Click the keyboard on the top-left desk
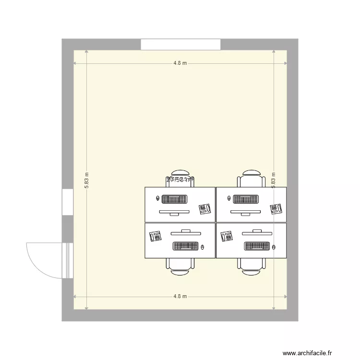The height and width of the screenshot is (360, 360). click(x=174, y=199)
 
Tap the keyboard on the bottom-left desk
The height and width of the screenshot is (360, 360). click(x=186, y=246)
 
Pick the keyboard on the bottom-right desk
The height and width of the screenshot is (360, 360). click(x=257, y=246)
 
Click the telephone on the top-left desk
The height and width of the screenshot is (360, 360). click(x=205, y=209)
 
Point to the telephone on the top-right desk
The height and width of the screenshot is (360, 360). click(x=276, y=209)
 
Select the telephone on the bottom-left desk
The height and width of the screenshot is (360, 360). click(x=156, y=236)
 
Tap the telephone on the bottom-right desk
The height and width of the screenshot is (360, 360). click(x=227, y=236)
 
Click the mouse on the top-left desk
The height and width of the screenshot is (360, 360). click(x=158, y=197)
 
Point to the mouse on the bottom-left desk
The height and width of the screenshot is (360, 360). click(x=204, y=247)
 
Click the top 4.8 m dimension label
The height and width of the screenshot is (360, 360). click(x=180, y=63)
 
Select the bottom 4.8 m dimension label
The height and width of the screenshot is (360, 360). click(x=180, y=297)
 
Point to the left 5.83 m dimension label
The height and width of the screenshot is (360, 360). click(x=87, y=180)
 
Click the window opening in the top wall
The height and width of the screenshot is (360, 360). click(x=180, y=44)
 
